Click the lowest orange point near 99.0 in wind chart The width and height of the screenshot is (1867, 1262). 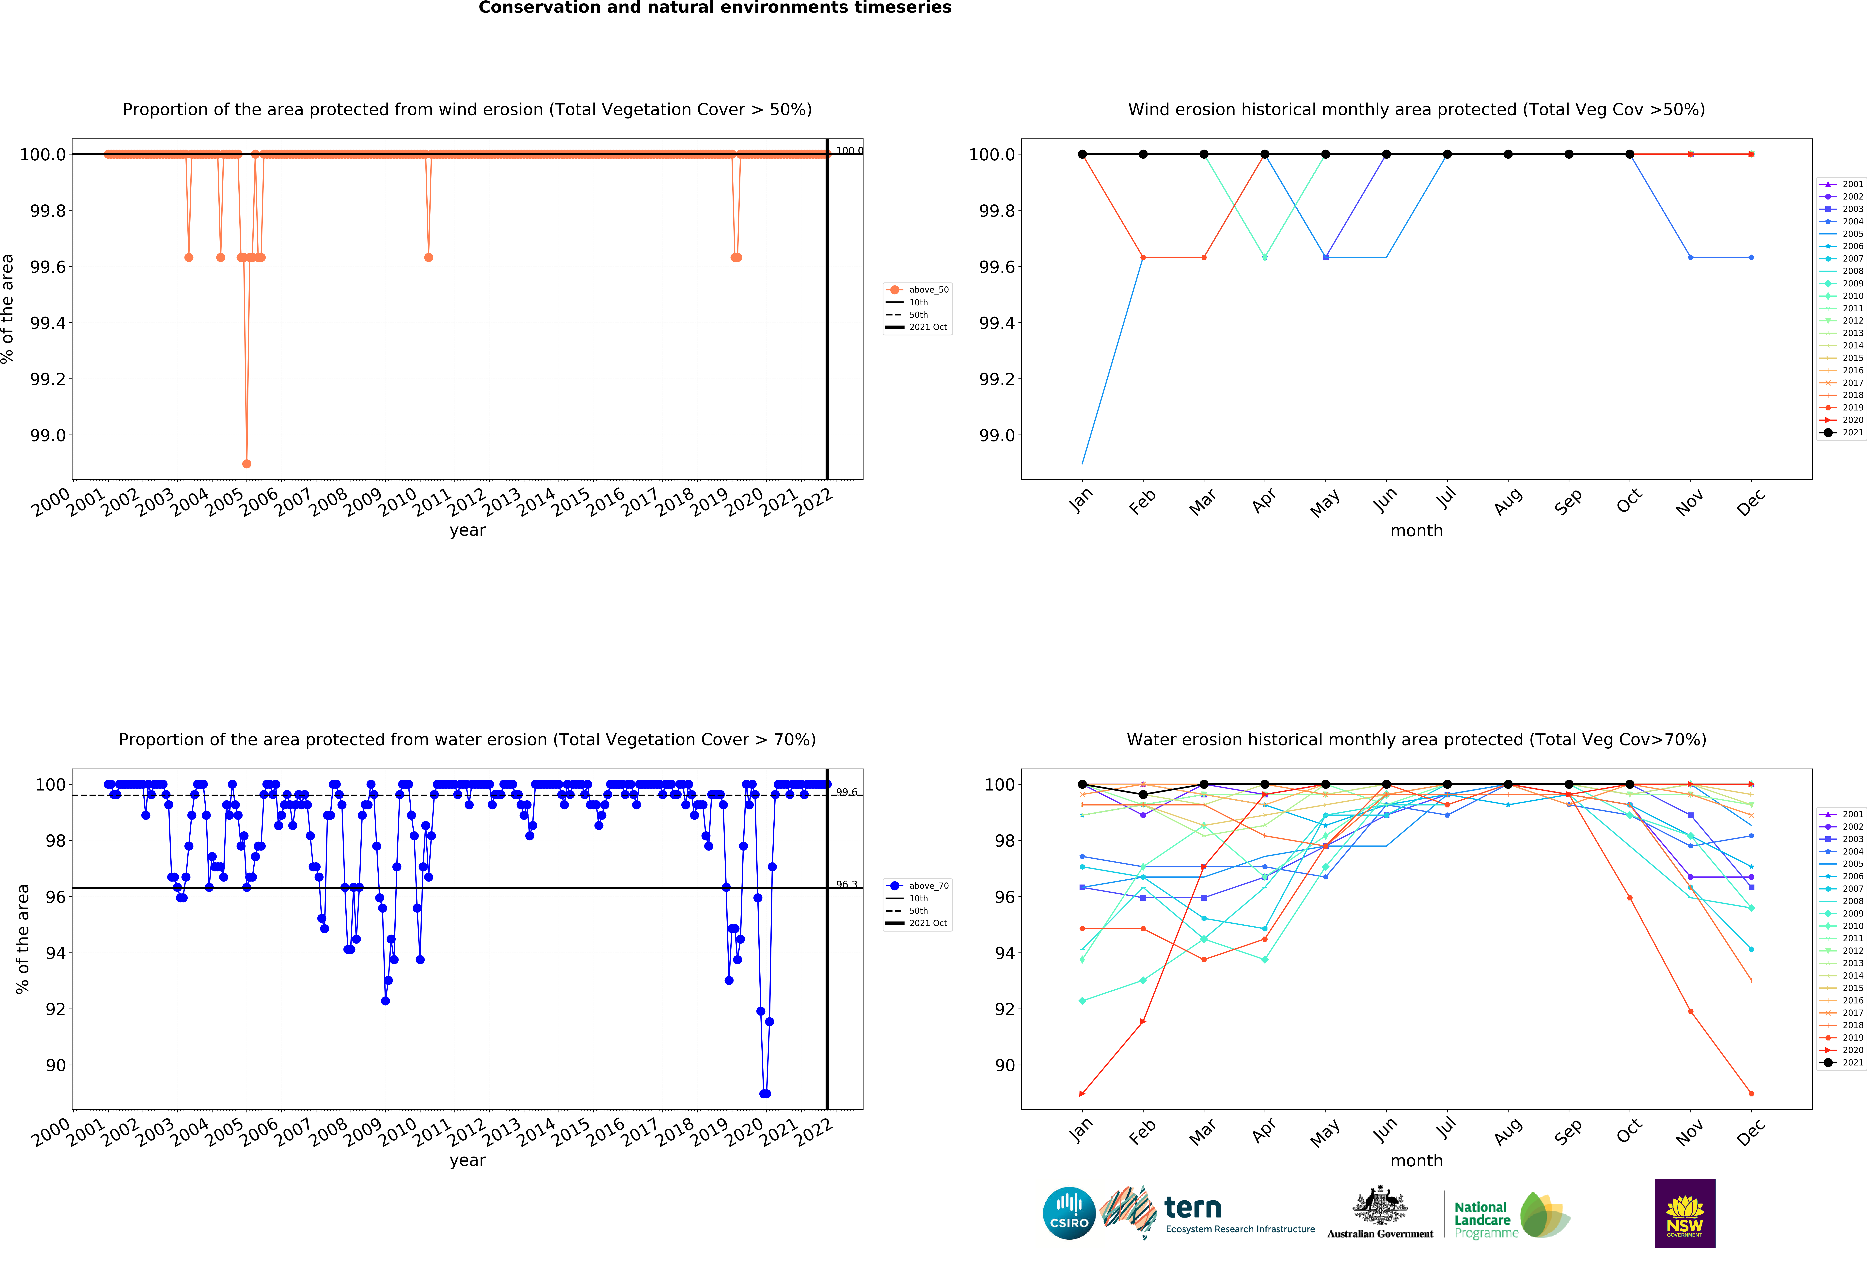tap(247, 464)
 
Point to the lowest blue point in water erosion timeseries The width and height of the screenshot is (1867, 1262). tap(765, 1093)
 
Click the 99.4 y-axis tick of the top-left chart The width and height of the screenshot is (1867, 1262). tap(48, 323)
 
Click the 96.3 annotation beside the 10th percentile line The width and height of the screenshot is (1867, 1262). tap(846, 885)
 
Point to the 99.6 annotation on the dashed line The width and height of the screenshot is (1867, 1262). tap(846, 792)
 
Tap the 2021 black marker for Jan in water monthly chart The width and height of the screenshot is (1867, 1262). tap(1082, 784)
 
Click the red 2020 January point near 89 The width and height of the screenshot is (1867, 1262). tap(1082, 1093)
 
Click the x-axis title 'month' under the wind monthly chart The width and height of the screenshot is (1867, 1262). tap(1416, 531)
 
